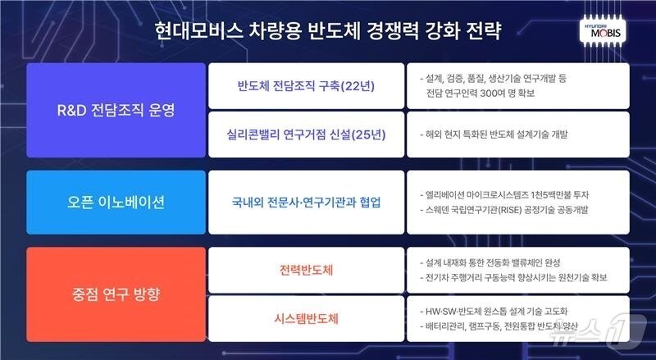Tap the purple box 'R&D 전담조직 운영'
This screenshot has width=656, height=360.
(x=115, y=110)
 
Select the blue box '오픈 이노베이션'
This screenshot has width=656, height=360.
(x=115, y=202)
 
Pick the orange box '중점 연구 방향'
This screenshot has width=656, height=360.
(x=115, y=291)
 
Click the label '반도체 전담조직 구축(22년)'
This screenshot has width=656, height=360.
(x=307, y=86)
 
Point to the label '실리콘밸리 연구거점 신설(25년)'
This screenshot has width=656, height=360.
(x=307, y=134)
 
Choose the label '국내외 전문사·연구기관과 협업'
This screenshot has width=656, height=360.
(x=307, y=202)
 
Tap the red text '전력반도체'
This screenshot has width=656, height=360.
(x=307, y=269)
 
